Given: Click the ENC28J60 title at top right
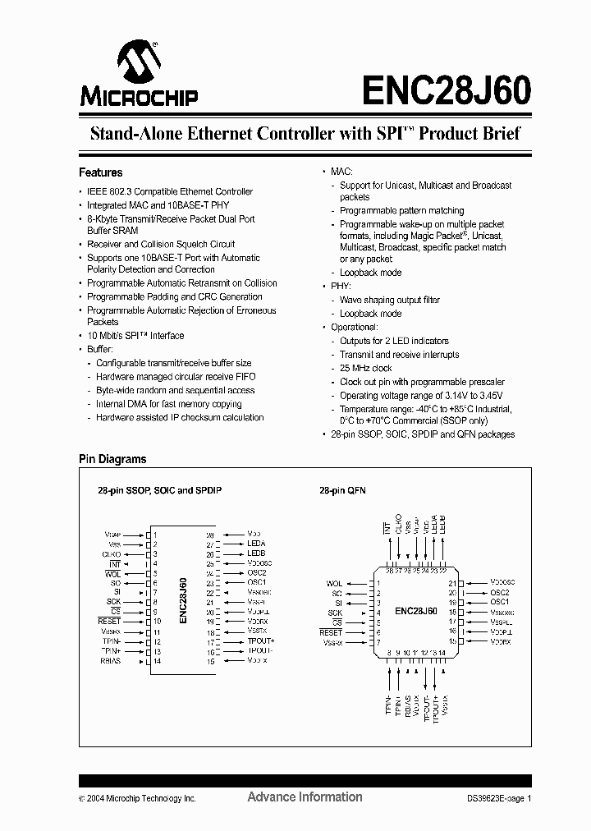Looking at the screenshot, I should (445, 87).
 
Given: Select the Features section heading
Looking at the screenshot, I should (100, 172).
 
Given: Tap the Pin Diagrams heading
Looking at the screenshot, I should (112, 460).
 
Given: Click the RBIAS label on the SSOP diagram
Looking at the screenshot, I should (111, 660).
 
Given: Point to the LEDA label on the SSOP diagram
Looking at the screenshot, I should (256, 544).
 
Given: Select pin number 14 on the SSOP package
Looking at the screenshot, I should (156, 660).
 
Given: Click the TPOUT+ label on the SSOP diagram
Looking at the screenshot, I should (261, 641).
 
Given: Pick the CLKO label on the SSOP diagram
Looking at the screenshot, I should (112, 554).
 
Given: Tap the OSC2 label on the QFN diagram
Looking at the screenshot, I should (501, 592).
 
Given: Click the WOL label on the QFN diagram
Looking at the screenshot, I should (334, 584).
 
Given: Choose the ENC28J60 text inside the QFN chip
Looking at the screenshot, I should (415, 611).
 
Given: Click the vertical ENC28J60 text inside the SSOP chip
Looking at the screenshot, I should (183, 601).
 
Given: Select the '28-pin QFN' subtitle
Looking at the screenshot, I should (342, 490).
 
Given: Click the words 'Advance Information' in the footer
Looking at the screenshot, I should (305, 797).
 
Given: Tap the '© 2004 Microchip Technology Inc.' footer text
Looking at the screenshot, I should (137, 798).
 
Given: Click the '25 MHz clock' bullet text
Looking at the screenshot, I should (365, 369).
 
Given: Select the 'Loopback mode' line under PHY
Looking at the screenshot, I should (370, 314).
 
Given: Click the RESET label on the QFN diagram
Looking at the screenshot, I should (331, 632).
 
